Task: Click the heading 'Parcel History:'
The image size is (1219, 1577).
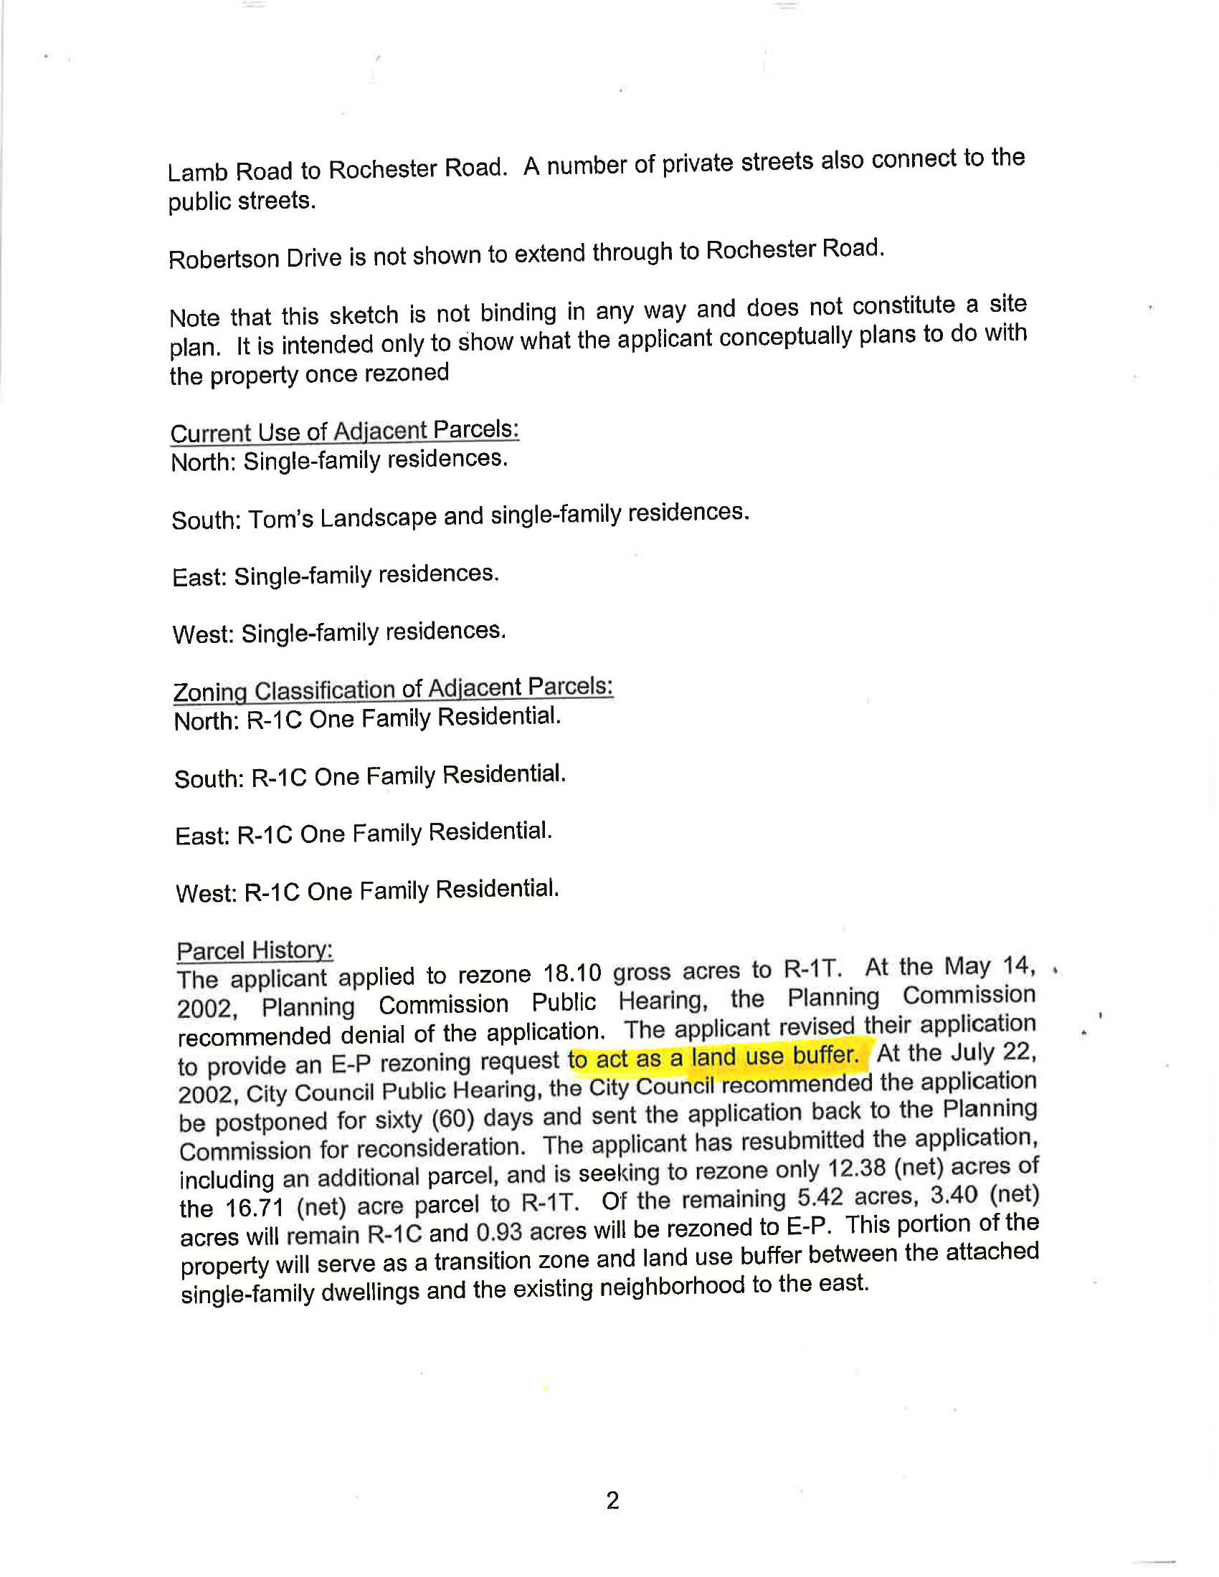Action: [255, 951]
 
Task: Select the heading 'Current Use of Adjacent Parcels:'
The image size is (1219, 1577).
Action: [344, 431]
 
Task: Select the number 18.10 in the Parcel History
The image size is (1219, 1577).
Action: [572, 974]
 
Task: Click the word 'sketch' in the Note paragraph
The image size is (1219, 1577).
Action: [364, 315]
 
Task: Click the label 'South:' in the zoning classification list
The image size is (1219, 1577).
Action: [209, 779]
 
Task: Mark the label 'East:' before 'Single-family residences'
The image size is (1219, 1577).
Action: [200, 578]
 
